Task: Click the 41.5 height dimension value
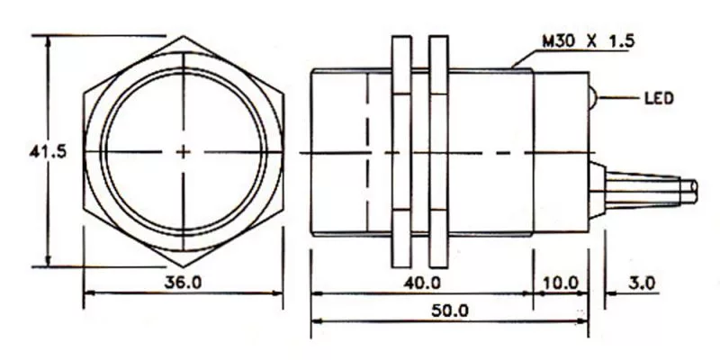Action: coord(48,151)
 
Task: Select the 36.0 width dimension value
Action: coord(184,283)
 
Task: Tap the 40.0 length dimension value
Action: coord(422,283)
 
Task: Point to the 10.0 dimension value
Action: coord(560,283)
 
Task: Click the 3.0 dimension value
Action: coord(642,283)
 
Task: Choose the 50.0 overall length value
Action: coord(450,310)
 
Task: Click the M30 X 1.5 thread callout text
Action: coord(589,41)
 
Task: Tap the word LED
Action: coord(659,98)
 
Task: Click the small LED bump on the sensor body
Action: coord(592,97)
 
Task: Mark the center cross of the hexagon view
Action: coord(184,152)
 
